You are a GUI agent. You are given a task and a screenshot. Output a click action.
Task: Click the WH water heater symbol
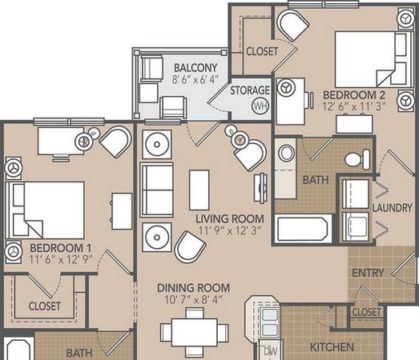tap(260, 106)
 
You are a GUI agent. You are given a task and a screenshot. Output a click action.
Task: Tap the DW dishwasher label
tap(271, 351)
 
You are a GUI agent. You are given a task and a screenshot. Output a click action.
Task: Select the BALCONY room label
tap(195, 68)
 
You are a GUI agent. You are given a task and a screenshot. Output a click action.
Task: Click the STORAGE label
tap(250, 90)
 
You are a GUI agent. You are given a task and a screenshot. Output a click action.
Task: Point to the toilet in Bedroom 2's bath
tap(357, 159)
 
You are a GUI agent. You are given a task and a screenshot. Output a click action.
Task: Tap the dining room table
tap(194, 332)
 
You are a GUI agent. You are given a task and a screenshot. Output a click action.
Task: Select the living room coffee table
tap(199, 190)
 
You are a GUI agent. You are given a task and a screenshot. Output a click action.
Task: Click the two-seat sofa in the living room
tap(157, 190)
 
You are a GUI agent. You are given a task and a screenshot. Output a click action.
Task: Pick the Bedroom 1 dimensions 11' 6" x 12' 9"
tap(61, 259)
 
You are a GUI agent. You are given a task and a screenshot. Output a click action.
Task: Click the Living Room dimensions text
tap(230, 230)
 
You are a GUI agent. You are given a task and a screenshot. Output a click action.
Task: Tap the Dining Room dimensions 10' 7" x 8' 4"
tap(194, 299)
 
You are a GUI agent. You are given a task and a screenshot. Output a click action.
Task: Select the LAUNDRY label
tap(393, 208)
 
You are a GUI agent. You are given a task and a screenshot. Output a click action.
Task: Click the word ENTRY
tap(368, 273)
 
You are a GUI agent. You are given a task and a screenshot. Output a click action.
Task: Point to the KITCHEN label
tap(332, 347)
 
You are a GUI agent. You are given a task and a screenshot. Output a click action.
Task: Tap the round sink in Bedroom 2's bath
tap(286, 153)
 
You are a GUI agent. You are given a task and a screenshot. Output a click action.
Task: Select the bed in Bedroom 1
tap(45, 210)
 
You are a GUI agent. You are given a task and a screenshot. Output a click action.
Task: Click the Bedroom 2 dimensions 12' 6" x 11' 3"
tap(354, 106)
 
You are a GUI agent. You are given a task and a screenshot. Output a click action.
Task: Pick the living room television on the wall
tap(260, 188)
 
